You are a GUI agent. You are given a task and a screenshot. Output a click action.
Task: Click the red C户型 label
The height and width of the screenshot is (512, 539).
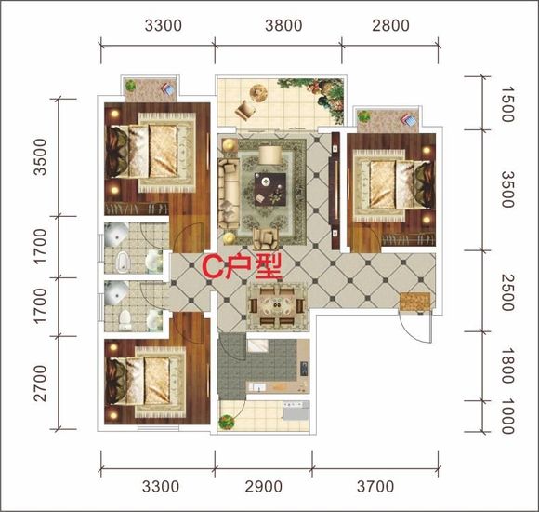[242, 266]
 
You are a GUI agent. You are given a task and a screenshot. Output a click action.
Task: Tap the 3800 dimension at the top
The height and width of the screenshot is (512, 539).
[283, 25]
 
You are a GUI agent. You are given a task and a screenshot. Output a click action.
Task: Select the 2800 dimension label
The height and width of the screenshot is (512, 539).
[391, 25]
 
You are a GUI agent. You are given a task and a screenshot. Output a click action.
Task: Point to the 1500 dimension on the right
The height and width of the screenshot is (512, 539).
[507, 104]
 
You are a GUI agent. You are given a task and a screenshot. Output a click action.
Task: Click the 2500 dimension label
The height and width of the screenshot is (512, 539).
[507, 292]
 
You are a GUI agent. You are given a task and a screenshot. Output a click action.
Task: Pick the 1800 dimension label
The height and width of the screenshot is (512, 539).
[507, 365]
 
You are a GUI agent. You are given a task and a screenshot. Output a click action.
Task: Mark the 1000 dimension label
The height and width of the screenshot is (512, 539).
[507, 416]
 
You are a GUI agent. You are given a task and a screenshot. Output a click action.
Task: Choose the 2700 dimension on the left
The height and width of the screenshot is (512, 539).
[40, 384]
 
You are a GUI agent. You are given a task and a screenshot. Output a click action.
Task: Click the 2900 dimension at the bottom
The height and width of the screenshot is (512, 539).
[264, 487]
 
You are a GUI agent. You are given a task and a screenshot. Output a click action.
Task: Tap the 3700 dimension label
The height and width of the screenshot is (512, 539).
[375, 487]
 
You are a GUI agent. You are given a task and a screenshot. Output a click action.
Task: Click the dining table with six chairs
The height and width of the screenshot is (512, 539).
[277, 305]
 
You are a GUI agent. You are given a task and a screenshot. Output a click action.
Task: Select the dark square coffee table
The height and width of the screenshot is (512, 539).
[270, 189]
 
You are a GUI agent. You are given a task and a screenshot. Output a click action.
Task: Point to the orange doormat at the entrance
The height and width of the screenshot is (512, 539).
[415, 302]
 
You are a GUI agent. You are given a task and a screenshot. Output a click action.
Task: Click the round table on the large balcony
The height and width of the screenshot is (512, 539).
[258, 93]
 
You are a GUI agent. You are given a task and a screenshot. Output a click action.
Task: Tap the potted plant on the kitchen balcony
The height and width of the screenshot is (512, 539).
[226, 422]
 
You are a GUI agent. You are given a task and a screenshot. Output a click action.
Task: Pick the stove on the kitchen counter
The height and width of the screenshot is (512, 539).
[304, 369]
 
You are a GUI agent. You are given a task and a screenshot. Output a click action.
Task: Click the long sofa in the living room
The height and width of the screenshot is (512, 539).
[229, 194]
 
